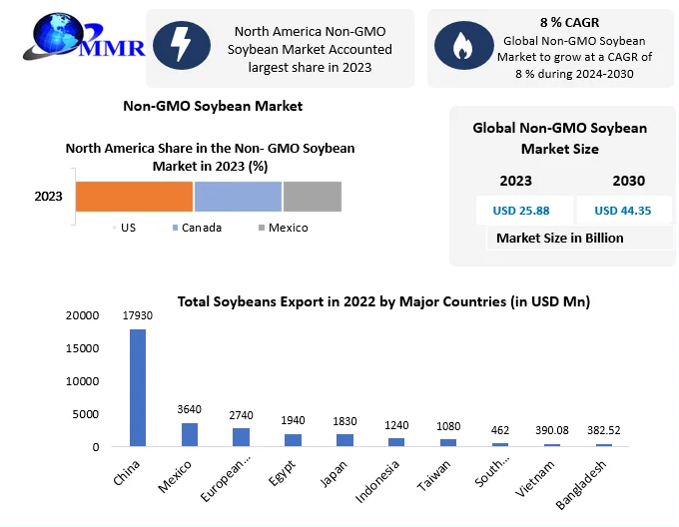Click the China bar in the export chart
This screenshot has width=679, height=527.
click(x=138, y=387)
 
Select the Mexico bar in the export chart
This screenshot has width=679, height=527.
click(x=189, y=434)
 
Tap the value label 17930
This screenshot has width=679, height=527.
click(x=138, y=315)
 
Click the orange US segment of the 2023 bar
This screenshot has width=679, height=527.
click(x=134, y=197)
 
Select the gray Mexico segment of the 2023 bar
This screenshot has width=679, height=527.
click(x=312, y=197)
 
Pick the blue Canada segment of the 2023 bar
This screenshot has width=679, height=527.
click(x=238, y=197)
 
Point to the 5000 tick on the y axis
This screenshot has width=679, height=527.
click(x=86, y=414)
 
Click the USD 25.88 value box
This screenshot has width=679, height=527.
click(x=520, y=211)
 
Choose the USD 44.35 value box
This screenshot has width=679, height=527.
click(x=622, y=211)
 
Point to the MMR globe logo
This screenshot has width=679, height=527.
click(x=60, y=40)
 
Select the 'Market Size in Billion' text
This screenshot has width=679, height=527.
click(x=560, y=238)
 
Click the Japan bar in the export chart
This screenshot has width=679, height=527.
click(x=343, y=440)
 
